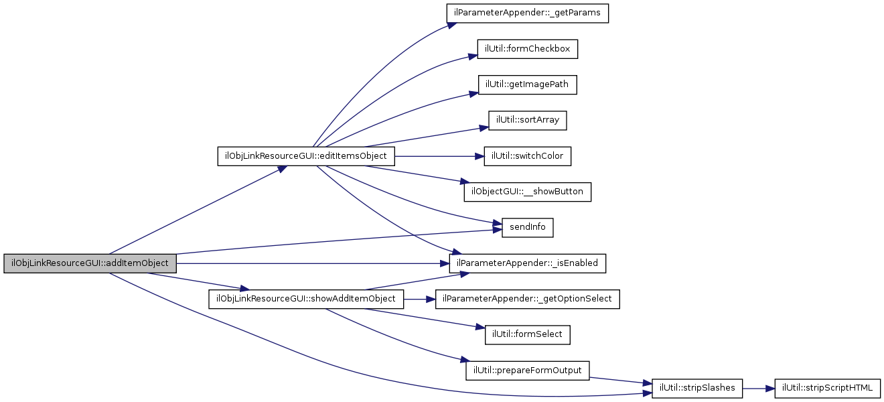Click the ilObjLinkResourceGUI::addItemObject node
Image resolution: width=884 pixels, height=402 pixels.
90,263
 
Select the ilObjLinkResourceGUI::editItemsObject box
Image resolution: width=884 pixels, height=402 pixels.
306,156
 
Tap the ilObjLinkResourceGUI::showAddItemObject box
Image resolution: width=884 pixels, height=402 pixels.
306,299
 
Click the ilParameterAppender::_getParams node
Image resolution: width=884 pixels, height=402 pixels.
527,13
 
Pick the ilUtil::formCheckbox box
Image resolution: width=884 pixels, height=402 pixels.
527,49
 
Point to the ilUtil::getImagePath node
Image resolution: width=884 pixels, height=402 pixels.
527,84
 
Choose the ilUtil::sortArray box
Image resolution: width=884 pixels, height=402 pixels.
528,121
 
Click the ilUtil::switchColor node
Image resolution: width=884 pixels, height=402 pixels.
527,156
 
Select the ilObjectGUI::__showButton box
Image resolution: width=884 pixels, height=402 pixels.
527,192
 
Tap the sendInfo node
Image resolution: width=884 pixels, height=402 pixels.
528,227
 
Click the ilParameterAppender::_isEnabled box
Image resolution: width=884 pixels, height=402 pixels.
527,263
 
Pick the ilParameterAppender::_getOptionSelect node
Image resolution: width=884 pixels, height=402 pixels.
527,299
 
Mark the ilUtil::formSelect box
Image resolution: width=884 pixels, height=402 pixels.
527,334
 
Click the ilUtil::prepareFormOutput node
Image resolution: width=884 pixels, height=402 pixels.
527,370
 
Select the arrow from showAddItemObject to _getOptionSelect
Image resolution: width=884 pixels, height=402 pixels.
419,299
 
